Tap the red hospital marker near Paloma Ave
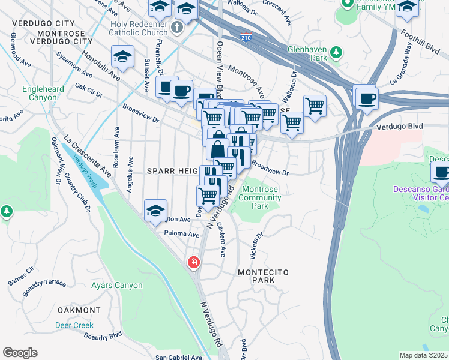click(193, 262)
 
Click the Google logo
click(20, 353)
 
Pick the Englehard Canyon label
click(43, 93)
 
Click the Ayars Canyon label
click(116, 286)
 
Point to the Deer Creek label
click(74, 325)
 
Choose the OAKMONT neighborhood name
click(79, 310)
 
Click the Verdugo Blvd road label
click(399, 127)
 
